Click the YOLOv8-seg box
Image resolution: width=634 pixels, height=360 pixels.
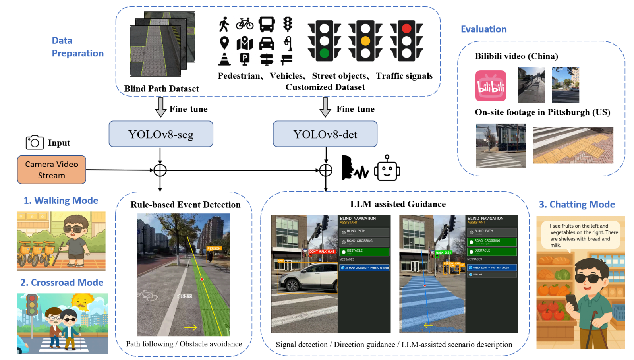161,134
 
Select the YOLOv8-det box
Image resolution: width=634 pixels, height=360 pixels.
325,134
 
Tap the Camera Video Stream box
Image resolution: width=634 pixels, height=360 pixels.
52,170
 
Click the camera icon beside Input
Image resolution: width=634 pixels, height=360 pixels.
35,142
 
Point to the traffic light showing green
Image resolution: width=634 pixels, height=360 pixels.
325,41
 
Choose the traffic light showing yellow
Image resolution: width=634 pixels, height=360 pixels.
365,41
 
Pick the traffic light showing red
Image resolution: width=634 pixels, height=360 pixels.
406,41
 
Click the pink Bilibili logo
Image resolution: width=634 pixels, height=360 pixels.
491,86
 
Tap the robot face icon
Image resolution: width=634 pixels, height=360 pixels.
387,168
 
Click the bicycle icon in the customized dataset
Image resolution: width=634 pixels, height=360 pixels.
245,24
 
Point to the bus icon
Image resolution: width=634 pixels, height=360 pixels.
267,24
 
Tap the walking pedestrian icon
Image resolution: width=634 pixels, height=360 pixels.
224,24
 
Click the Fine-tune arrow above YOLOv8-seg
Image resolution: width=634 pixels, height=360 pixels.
160,107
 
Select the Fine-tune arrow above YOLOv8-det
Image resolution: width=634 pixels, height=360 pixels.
325,107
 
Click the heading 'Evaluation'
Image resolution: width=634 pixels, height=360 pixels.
483,29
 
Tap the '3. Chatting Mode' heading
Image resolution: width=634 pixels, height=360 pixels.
577,205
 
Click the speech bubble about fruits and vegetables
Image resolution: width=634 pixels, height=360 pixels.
580,235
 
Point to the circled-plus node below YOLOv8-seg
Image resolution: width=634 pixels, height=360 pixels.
160,170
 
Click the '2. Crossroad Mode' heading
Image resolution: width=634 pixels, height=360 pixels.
62,283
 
